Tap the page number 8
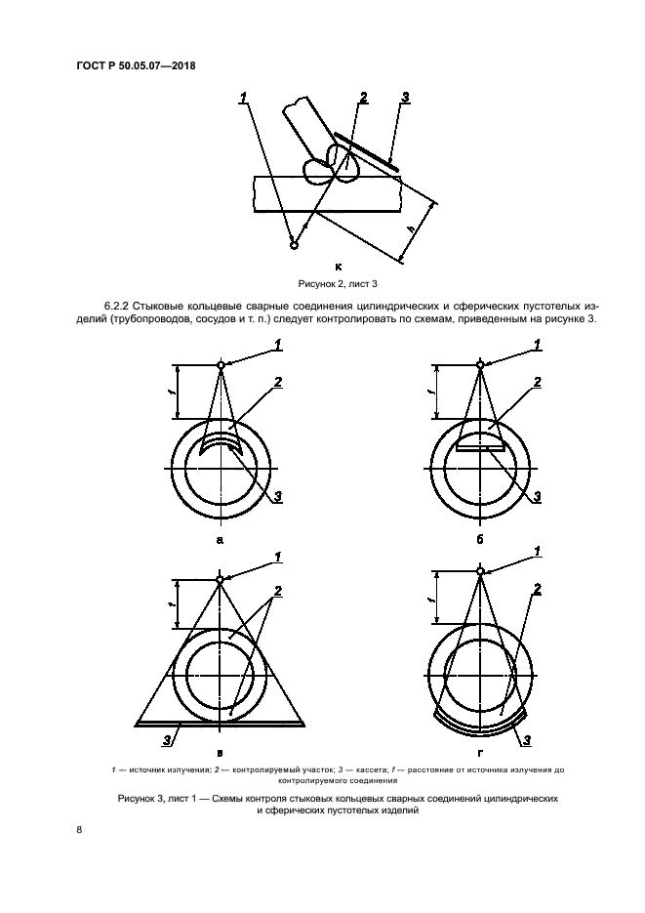[x=78, y=830]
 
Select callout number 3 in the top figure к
[x=405, y=98]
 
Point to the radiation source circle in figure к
[x=294, y=245]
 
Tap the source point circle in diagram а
[x=222, y=365]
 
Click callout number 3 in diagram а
[x=278, y=497]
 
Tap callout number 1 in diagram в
[x=277, y=557]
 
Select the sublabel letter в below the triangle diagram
[x=221, y=753]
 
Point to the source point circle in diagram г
[x=479, y=570]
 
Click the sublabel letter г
[x=479, y=753]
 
